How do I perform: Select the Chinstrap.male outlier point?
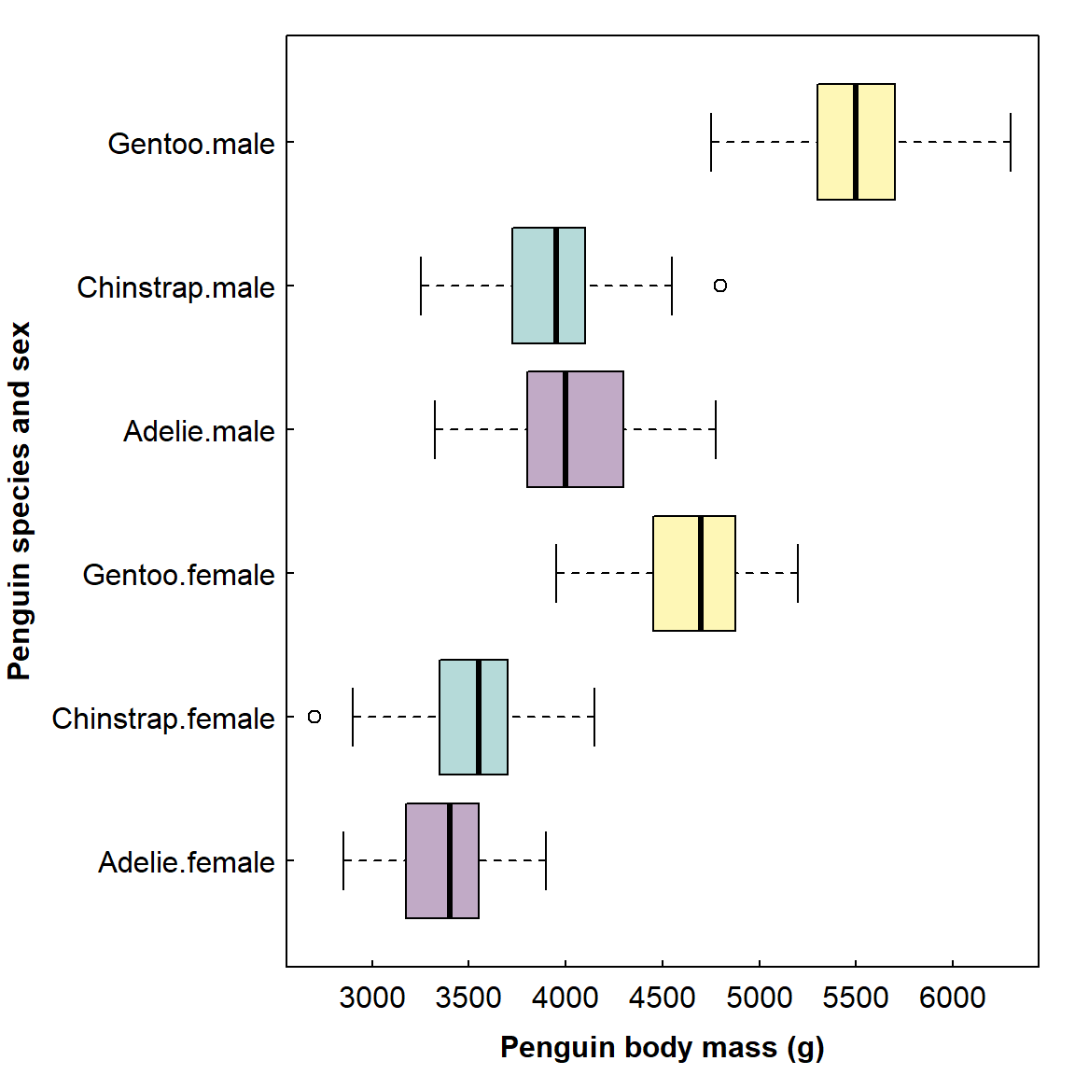point(719,286)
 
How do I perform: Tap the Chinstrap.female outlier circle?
point(314,717)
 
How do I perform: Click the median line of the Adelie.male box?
point(565,429)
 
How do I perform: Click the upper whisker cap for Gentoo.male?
point(1011,142)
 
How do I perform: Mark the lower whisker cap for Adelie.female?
point(343,860)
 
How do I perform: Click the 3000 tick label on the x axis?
point(372,998)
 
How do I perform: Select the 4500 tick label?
point(663,998)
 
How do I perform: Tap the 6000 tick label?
point(952,998)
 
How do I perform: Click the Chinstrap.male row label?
point(175,287)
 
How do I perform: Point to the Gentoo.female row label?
point(178,575)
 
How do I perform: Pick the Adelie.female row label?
point(187,862)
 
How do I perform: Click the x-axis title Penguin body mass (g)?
point(663,1047)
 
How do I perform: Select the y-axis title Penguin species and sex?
point(20,501)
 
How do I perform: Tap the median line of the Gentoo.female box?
point(701,573)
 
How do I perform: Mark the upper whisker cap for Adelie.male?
point(716,429)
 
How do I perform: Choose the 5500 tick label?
point(856,998)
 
